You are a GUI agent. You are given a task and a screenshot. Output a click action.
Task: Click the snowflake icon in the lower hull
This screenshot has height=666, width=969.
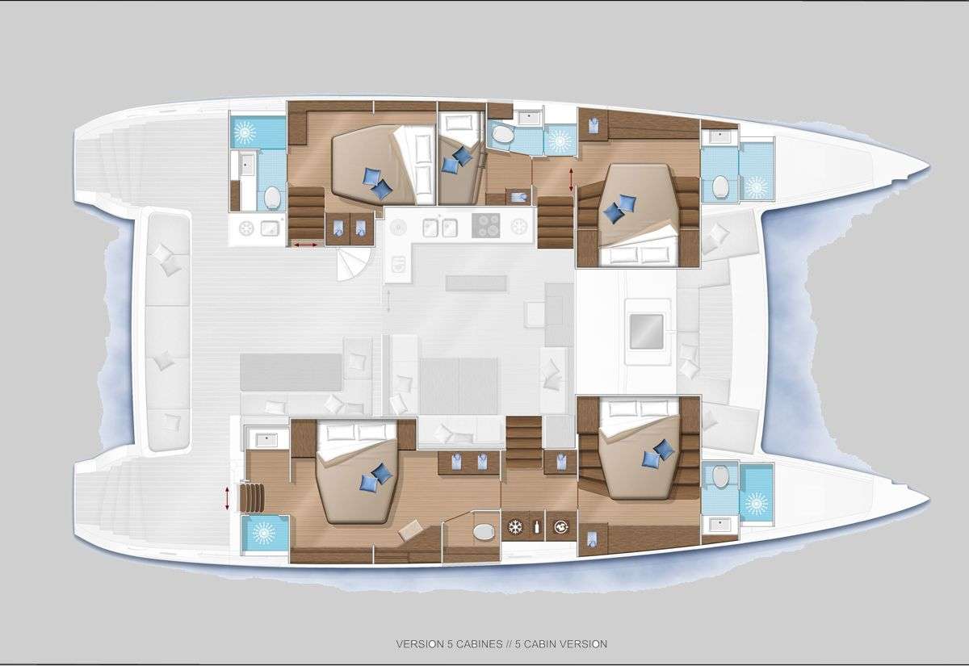pyautogui.click(x=515, y=527)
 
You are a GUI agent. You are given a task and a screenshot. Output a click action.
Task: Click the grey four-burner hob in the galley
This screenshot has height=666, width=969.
pyautogui.click(x=486, y=225)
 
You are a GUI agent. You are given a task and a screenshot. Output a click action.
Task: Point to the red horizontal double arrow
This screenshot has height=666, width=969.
pyautogui.click(x=305, y=245)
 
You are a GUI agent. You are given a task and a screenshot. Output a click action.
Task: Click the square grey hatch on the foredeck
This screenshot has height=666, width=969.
pyautogui.click(x=646, y=331)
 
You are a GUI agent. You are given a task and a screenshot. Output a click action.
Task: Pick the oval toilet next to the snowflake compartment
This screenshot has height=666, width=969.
pyautogui.click(x=483, y=531)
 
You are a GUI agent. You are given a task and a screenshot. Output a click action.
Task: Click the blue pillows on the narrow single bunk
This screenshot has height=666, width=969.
pyautogui.click(x=456, y=160)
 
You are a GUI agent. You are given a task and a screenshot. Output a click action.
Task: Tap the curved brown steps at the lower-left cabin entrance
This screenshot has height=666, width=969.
pyautogui.click(x=253, y=498)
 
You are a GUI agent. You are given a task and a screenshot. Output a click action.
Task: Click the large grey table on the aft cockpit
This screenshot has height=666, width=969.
pyautogui.click(x=292, y=372)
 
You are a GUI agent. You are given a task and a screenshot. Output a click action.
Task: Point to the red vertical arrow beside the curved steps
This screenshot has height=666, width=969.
pyautogui.click(x=227, y=498)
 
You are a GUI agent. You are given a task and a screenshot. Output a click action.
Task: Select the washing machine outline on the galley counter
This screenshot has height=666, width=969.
pyautogui.click(x=398, y=264)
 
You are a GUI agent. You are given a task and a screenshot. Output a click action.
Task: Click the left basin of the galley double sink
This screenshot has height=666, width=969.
pyautogui.click(x=430, y=228)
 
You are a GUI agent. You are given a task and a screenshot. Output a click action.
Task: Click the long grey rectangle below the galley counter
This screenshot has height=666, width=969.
pyautogui.click(x=476, y=283)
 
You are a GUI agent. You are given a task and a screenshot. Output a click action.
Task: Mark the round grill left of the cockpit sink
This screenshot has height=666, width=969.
pyautogui.click(x=246, y=228)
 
